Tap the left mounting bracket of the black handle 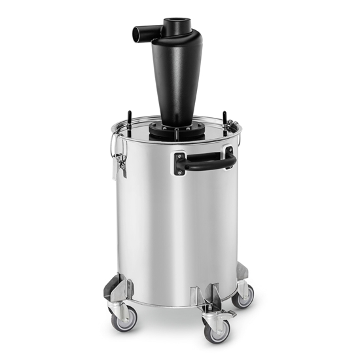point(180,164)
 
